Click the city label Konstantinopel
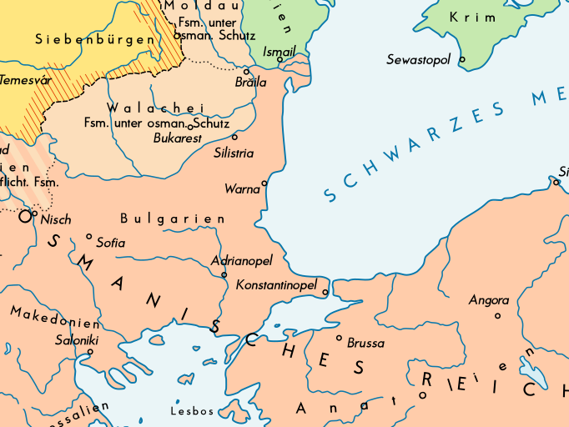click(x=276, y=285)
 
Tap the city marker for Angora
click(x=497, y=315)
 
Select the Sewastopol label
click(x=418, y=60)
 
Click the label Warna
click(x=242, y=189)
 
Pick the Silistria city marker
click(x=234, y=136)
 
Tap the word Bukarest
click(x=178, y=138)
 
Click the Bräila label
click(x=250, y=83)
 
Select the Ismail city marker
click(x=279, y=59)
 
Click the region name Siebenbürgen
click(x=94, y=39)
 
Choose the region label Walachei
click(x=155, y=108)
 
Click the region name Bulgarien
click(x=173, y=219)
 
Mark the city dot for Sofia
click(x=89, y=236)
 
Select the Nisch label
click(x=55, y=220)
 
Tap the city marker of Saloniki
click(x=90, y=351)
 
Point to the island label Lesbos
click(x=192, y=411)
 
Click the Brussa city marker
click(x=339, y=338)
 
